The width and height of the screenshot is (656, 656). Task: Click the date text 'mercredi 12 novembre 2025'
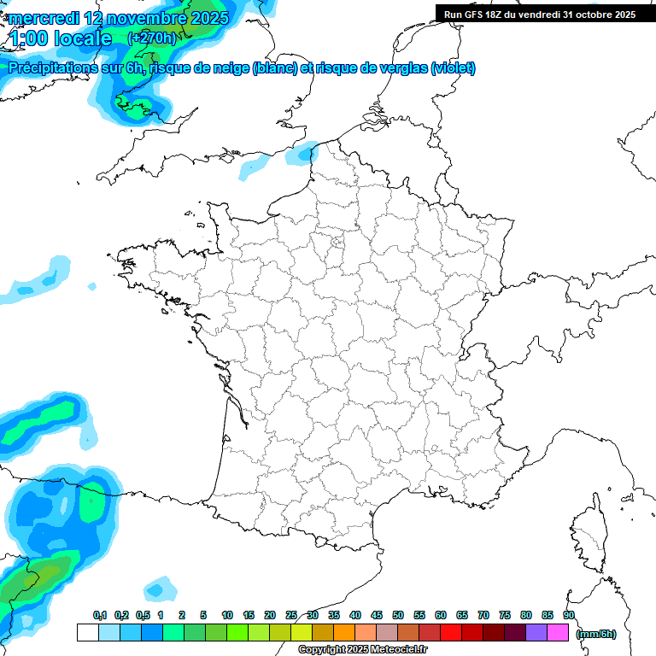point(119,17)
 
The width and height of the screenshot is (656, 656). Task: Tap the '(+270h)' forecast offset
point(152,38)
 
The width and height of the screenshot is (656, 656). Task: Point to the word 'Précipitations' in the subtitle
point(51,68)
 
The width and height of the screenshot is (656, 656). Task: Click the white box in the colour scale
point(87,633)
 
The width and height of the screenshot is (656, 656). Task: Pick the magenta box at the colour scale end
point(558,633)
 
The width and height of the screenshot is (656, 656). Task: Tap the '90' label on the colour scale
point(568,616)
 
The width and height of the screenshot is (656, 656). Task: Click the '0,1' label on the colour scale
point(100,616)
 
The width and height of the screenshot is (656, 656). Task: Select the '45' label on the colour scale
point(377,616)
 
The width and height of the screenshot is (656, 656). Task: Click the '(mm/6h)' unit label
point(596,634)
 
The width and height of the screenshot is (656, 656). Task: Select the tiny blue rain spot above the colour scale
point(156,589)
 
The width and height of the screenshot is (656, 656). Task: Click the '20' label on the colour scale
point(270,616)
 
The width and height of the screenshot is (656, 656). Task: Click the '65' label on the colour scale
point(462,616)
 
